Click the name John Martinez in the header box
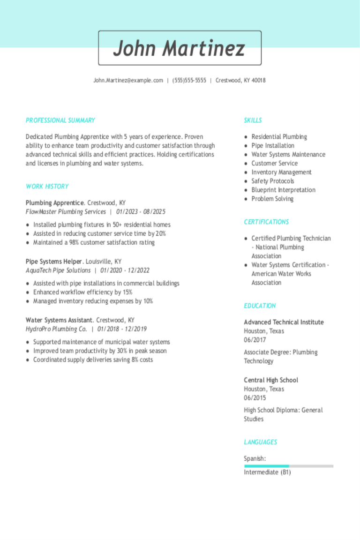point(180,48)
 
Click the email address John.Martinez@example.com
point(128,80)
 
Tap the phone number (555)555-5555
point(189,80)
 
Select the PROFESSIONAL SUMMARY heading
point(60,120)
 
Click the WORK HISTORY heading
point(47,187)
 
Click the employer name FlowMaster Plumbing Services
point(66,212)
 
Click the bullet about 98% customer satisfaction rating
point(94,242)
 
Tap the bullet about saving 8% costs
point(93,360)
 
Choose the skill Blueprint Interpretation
point(283,190)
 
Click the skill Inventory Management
point(281,172)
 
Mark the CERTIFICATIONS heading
point(266,222)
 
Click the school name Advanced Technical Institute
point(284,322)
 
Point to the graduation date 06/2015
point(255,398)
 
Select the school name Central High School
point(271,380)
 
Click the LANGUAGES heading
point(261,442)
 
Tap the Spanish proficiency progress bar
point(288,466)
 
